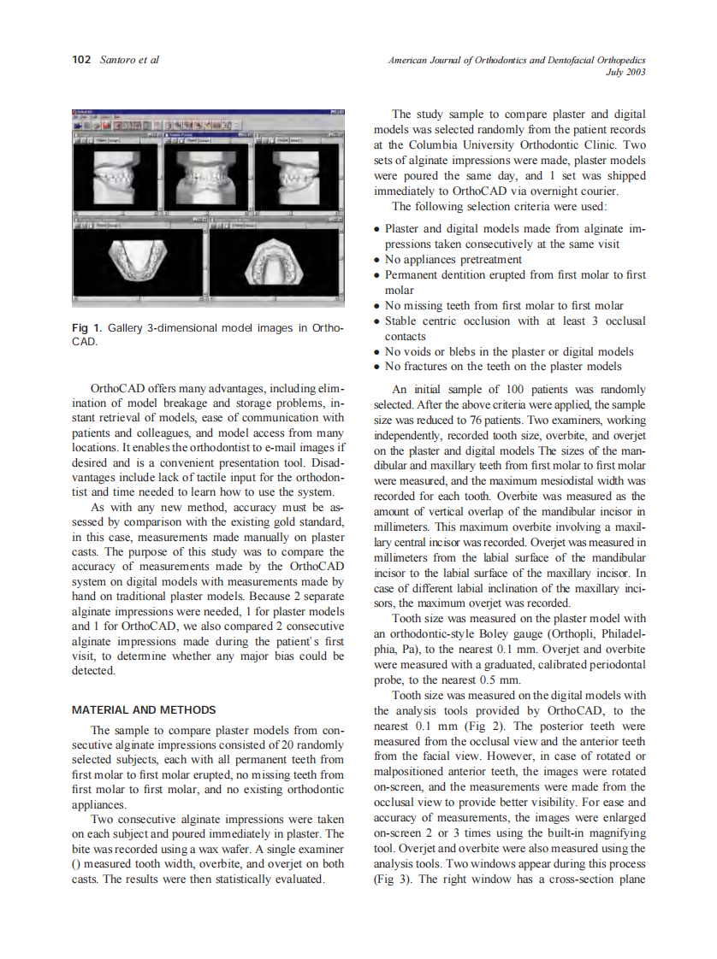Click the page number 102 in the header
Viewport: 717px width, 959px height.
(81, 60)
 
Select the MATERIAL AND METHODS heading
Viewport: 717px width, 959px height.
(144, 709)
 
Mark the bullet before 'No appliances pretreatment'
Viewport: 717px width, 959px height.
(378, 260)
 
